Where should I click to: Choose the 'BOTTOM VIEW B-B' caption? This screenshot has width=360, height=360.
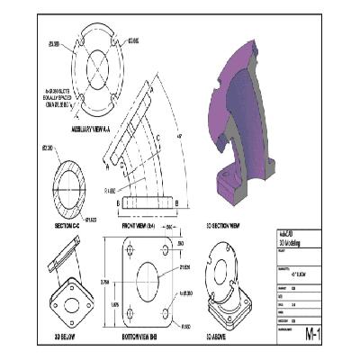coord(140,336)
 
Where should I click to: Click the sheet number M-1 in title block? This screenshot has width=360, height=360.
coord(313,335)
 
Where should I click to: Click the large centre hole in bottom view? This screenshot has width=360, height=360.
coord(141,283)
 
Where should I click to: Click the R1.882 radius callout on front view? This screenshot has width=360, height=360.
coord(112,191)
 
